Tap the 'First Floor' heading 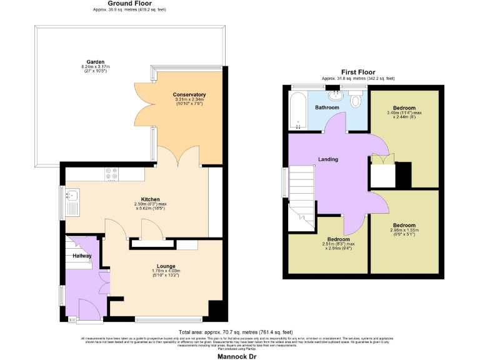pos(357,72)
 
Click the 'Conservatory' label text pos(189,95)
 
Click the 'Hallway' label pos(81,256)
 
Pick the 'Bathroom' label pos(327,107)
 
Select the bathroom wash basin pos(337,96)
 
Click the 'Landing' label pos(328,159)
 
